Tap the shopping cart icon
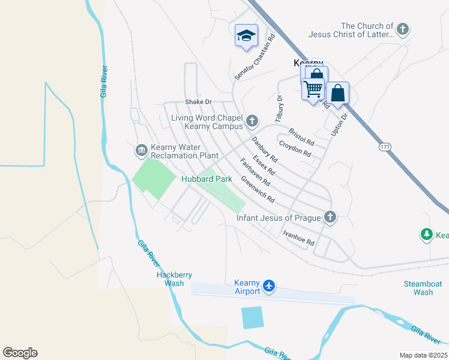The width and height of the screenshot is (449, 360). pos(313,89)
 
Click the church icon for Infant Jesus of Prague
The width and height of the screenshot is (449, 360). pos(329,217)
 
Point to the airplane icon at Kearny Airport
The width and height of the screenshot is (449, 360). pos(270,286)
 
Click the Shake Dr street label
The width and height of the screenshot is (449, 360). pos(199,102)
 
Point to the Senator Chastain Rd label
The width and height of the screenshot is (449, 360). pos(255,57)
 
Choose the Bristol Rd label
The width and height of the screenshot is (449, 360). pos(301,137)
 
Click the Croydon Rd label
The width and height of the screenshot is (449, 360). pos(295,149)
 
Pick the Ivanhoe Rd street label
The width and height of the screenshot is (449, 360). pos(299,238)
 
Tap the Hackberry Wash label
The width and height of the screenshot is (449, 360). pos(174,279)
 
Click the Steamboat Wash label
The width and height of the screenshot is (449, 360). pos(414,288)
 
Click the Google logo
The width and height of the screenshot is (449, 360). pos(20,353)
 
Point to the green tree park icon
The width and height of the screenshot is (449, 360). pos(427,235)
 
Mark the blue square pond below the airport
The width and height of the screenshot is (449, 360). pos(252,317)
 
